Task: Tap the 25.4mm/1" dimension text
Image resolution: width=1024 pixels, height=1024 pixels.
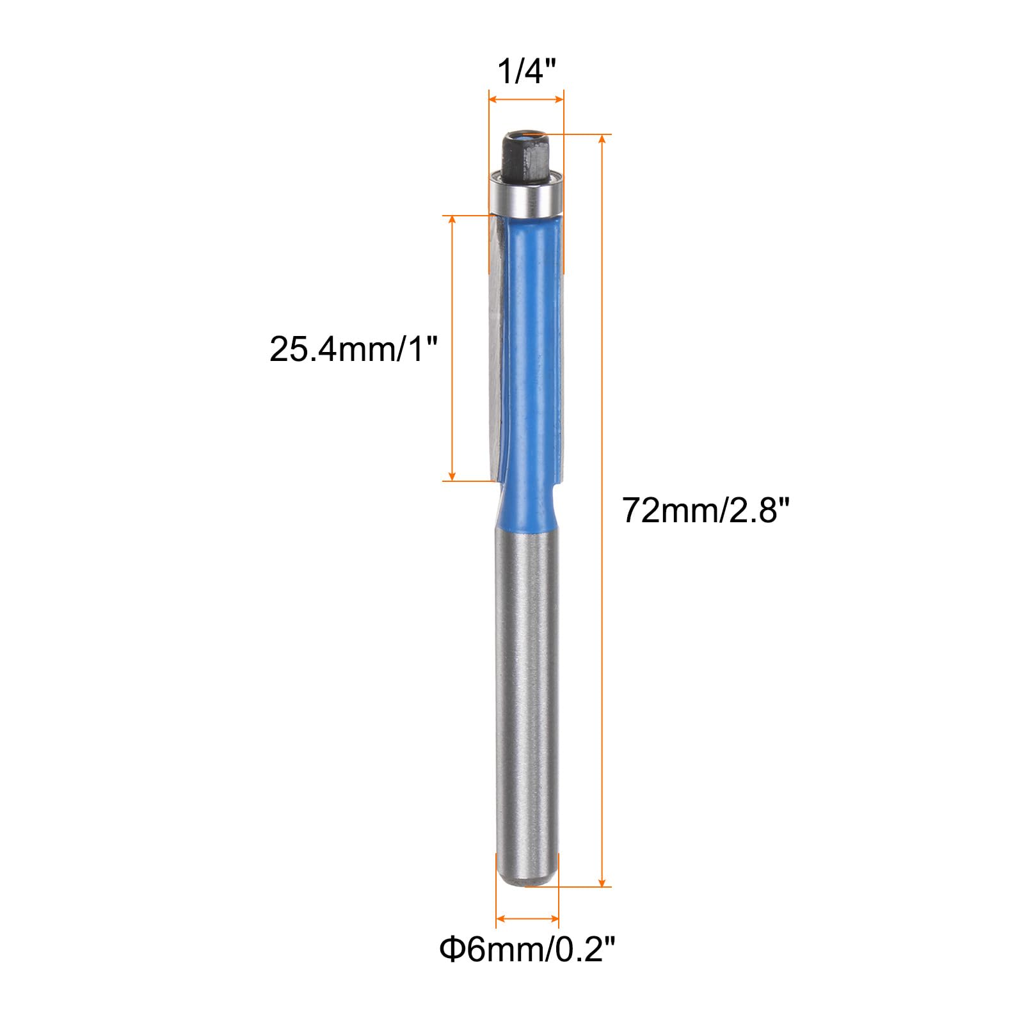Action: point(353,350)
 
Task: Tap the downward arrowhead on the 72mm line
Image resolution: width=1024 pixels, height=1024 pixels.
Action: point(602,882)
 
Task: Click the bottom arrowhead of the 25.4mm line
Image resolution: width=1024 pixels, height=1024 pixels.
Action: point(452,476)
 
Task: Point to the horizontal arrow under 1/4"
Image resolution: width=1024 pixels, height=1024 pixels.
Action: point(526,99)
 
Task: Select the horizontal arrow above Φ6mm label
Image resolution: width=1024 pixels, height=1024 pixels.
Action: point(527,918)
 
